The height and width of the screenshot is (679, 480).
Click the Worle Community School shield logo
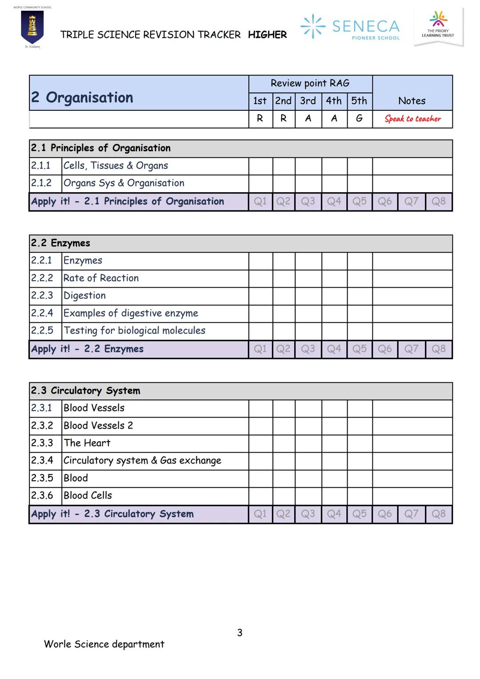pos(32,27)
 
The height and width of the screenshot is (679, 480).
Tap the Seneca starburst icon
pos(313,26)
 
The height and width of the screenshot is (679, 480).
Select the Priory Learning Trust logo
pos(438,26)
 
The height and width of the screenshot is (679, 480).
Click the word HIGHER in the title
pos(267,35)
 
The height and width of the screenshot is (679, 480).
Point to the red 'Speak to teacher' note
pos(412,119)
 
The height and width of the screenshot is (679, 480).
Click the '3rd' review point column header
pos(308,101)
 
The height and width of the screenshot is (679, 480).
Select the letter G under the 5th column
pos(359,118)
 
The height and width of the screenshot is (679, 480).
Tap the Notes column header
pos(412,101)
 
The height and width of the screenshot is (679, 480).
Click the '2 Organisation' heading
pos(82,97)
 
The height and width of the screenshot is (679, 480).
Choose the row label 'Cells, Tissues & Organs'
pos(116,166)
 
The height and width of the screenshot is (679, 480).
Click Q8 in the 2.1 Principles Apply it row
pos(438,201)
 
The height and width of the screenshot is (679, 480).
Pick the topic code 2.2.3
pos(42,296)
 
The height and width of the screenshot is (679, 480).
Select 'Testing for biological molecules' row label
pos(134,331)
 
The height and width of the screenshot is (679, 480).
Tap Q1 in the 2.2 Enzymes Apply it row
pos(260,349)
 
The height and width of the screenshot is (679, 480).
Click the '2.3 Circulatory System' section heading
pos(85,391)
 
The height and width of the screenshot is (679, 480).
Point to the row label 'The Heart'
pos(87,443)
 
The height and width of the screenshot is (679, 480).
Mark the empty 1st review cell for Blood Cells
pos(260,496)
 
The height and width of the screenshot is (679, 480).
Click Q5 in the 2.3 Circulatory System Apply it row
pos(360,514)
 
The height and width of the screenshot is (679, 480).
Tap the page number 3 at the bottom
pos(240,633)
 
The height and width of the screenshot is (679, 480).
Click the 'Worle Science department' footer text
pos(104,644)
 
